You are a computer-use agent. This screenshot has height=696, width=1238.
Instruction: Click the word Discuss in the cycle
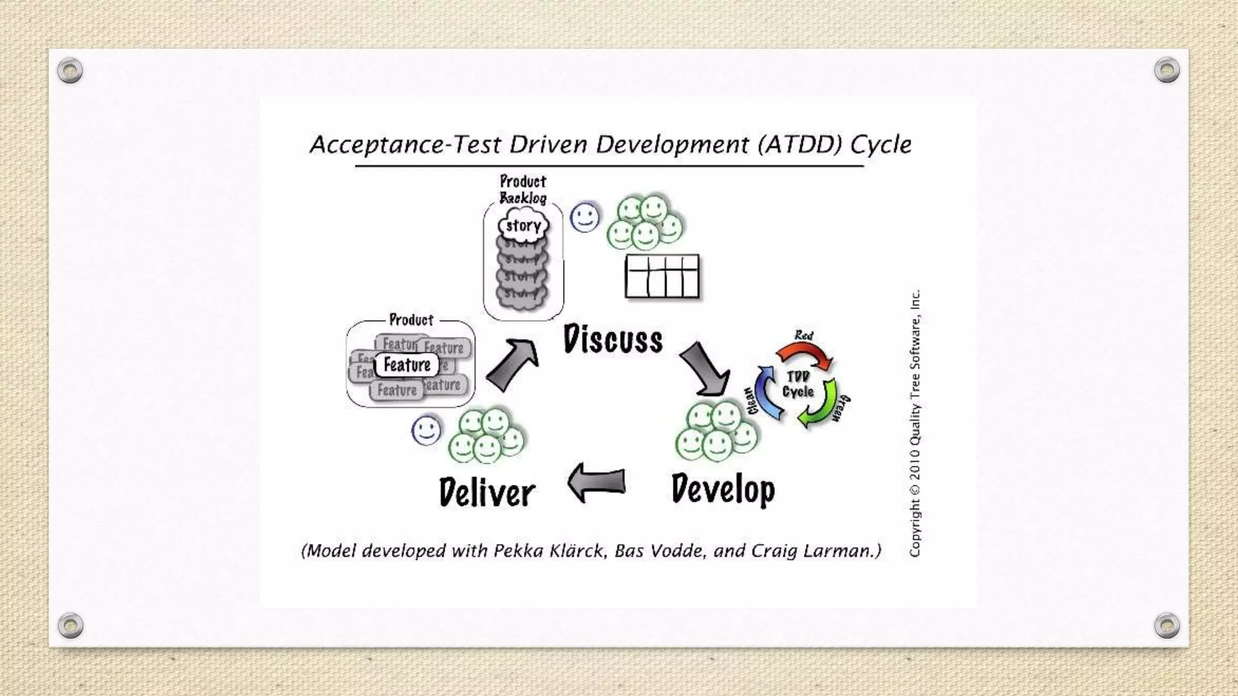point(612,339)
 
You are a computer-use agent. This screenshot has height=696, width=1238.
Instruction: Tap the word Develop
point(723,489)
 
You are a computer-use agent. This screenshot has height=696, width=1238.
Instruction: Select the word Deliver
point(487,492)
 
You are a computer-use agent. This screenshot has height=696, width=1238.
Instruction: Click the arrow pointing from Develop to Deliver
point(596,482)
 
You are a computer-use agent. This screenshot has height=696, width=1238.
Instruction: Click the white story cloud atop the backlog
point(523,226)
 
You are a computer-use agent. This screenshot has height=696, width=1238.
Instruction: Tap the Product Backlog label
point(523,190)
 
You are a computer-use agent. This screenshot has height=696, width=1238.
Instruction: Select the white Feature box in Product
point(407,365)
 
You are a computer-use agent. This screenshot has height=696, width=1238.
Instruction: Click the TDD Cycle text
point(798,384)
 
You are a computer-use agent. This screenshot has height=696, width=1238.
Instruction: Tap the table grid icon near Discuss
point(662,276)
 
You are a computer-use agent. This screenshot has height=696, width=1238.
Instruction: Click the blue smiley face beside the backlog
point(585,217)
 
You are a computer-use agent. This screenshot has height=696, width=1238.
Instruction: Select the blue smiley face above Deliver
point(426,431)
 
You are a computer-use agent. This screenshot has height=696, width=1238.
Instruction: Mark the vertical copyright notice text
point(915,423)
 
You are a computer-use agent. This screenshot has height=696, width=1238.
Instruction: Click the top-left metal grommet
point(70,71)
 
